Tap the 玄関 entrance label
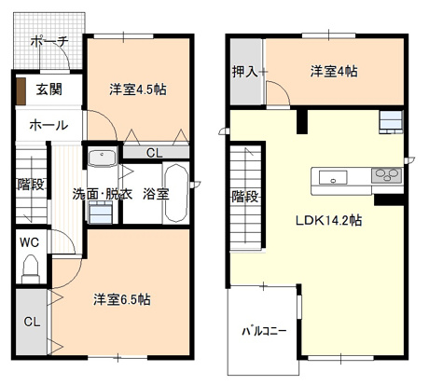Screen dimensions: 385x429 point(49,90)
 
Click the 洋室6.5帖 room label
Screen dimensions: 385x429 point(122,300)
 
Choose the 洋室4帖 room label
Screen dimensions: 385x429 point(334,71)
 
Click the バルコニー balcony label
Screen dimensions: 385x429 point(264,331)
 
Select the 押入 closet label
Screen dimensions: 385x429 point(245,71)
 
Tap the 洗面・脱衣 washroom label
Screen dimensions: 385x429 point(103,195)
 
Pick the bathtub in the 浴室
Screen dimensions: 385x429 point(176,194)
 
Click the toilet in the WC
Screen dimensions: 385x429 point(29,269)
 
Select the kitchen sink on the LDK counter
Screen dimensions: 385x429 point(333,176)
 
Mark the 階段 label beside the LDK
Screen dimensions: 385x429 point(245,197)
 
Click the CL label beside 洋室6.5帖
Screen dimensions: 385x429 point(31,323)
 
